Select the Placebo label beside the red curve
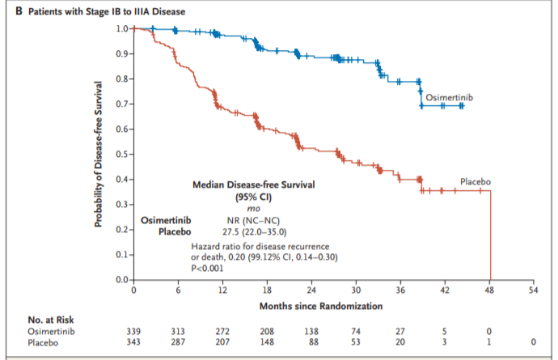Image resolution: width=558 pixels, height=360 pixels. [476, 182]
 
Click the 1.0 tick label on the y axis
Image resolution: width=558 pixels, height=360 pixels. [120, 29]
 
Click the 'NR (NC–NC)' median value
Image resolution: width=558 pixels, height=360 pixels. [252, 220]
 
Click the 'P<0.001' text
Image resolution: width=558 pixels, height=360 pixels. [206, 268]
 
